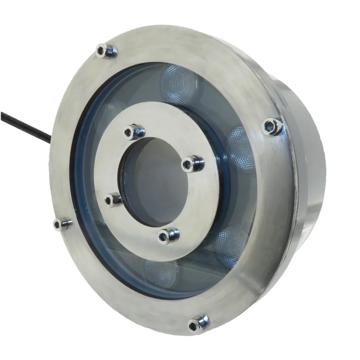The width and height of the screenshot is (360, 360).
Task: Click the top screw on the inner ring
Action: click(134, 131)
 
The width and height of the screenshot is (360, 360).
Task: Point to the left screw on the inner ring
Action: click(113, 199)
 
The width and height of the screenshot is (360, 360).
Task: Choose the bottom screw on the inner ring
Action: click(167, 235)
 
